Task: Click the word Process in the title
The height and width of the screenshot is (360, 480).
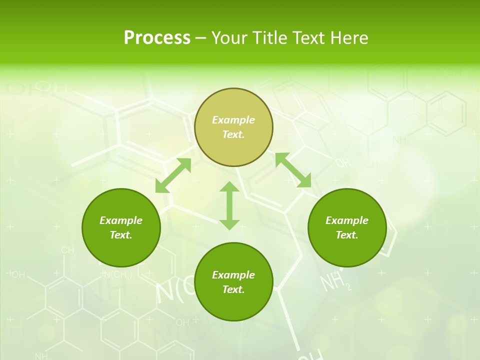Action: point(157,37)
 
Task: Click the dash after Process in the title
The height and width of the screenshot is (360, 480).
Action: point(200,38)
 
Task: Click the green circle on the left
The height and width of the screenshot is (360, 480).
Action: point(121,227)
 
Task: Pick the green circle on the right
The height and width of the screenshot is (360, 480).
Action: point(347,227)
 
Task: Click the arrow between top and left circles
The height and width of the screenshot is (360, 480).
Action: point(173,175)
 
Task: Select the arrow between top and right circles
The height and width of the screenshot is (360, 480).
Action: point(293,170)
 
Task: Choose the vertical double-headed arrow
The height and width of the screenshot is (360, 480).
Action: point(229,205)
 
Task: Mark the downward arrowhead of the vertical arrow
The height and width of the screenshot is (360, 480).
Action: point(229,223)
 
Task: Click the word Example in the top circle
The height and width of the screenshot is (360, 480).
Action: point(233,120)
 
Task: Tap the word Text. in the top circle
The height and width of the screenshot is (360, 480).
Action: point(233,134)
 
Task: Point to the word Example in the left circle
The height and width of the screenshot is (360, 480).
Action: point(121,220)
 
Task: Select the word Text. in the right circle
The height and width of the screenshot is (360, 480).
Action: point(347,235)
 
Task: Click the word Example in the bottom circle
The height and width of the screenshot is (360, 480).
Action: point(233,275)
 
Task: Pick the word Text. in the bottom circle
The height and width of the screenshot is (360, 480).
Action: point(233,289)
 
